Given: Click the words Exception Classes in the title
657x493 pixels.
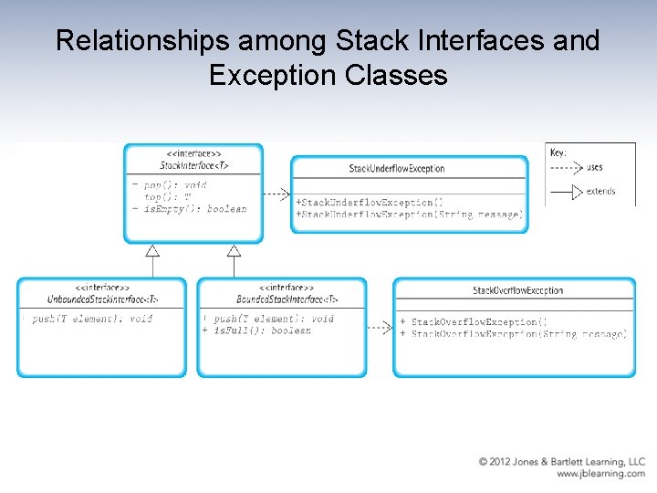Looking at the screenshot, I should (x=328, y=75).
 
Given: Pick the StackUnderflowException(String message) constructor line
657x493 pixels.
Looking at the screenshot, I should (x=409, y=215).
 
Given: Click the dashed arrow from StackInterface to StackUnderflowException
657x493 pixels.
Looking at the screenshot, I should (x=276, y=194).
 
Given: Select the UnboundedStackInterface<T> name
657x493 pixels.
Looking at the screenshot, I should (x=102, y=299).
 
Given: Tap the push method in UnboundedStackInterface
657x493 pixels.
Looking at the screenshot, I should (x=91, y=320).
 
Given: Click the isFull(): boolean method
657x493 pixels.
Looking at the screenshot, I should (x=262, y=330).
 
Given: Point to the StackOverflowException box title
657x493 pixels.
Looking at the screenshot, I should (x=517, y=290).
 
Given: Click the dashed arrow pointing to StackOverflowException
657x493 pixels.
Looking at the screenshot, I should (x=380, y=327).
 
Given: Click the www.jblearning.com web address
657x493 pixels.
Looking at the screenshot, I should (x=600, y=474).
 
